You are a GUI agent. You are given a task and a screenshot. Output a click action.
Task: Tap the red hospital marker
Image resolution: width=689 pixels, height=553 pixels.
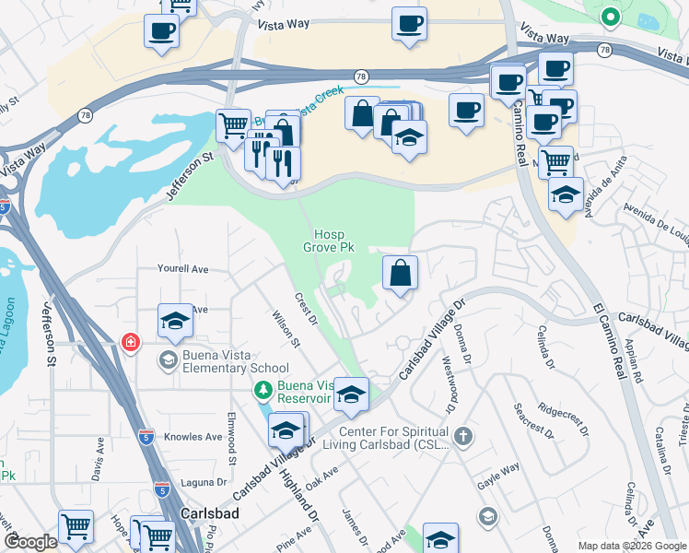pyautogui.click(x=131, y=343)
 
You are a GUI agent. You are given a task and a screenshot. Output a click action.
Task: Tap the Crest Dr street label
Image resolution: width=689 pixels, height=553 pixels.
pyautogui.click(x=306, y=310)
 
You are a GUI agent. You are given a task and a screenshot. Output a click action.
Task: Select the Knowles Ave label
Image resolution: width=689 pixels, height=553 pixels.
pyautogui.click(x=193, y=436)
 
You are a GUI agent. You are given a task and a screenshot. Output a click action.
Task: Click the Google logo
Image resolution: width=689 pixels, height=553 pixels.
pyautogui.click(x=30, y=542)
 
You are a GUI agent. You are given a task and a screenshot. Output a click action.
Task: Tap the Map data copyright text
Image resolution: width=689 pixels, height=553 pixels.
pyautogui.click(x=632, y=546)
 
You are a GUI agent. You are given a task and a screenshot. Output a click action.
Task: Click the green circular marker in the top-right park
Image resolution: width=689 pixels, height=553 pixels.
pyautogui.click(x=610, y=16)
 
